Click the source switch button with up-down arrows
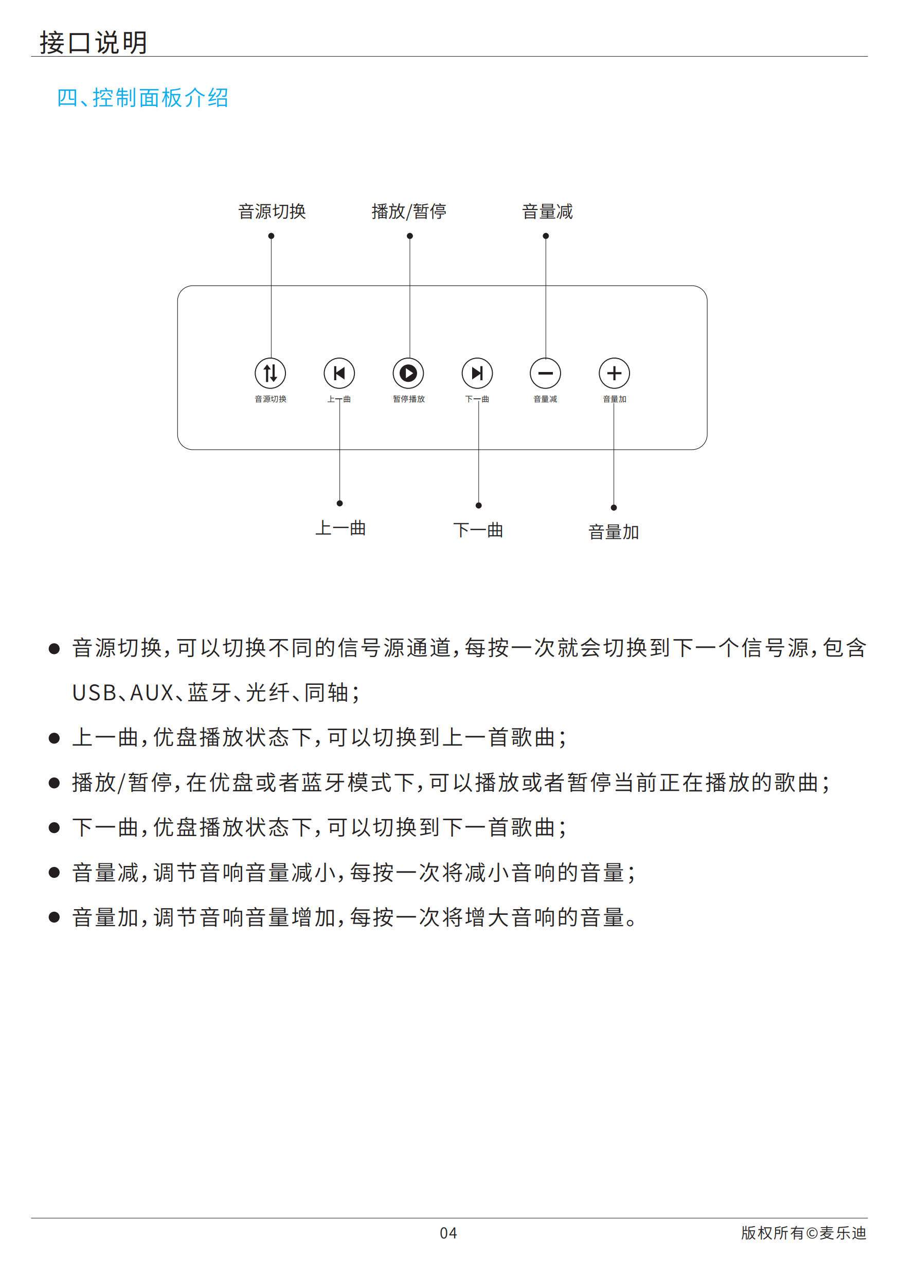[x=270, y=373]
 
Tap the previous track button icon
[x=339, y=373]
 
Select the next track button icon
[x=477, y=373]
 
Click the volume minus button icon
[x=546, y=373]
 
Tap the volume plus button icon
[x=614, y=373]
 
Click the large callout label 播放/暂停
[x=409, y=211]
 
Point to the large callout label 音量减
[x=547, y=211]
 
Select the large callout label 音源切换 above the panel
[x=272, y=211]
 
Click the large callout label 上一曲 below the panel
[x=340, y=528]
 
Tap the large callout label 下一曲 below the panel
[x=478, y=529]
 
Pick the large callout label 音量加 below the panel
[x=614, y=532]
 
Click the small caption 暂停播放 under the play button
[x=409, y=399]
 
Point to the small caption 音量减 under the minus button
[x=545, y=399]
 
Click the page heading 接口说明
[x=93, y=42]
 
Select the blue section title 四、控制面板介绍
[x=143, y=98]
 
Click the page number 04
[x=448, y=1233]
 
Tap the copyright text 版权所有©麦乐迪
[x=803, y=1233]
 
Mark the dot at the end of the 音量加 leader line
[x=614, y=507]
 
